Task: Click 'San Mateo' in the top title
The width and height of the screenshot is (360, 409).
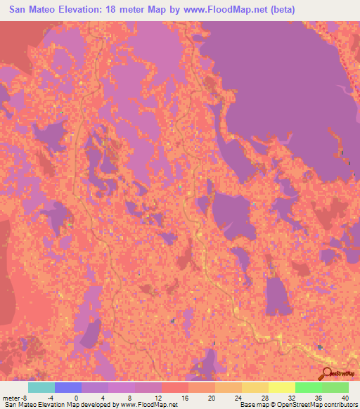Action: [x=33, y=9]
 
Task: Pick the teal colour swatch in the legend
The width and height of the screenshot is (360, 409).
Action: [x=41, y=387]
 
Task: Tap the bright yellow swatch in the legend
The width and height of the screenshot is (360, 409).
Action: [x=282, y=387]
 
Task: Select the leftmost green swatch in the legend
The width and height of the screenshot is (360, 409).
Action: [x=309, y=387]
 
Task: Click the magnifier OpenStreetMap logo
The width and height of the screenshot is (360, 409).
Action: [x=328, y=375]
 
